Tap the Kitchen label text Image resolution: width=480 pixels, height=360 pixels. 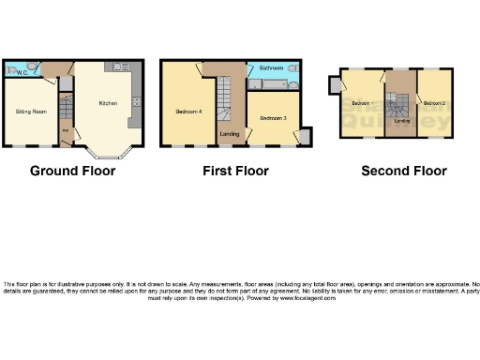click(109, 104)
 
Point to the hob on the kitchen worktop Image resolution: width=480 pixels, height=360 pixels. click(136, 98)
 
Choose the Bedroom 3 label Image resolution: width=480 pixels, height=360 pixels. click(272, 118)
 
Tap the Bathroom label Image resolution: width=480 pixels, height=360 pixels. click(272, 69)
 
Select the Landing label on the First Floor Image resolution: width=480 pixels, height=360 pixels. click(229, 134)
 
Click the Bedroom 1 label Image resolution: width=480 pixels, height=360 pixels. click(362, 102)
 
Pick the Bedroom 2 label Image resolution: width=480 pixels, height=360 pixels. click(432, 102)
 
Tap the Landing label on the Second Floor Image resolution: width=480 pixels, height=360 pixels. click(401, 120)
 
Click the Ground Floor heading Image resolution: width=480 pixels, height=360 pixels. click(73, 171)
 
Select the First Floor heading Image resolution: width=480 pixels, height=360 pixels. click(236, 171)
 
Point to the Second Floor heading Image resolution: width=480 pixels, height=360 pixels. click(405, 171)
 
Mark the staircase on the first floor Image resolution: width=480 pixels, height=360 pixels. click(224, 98)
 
